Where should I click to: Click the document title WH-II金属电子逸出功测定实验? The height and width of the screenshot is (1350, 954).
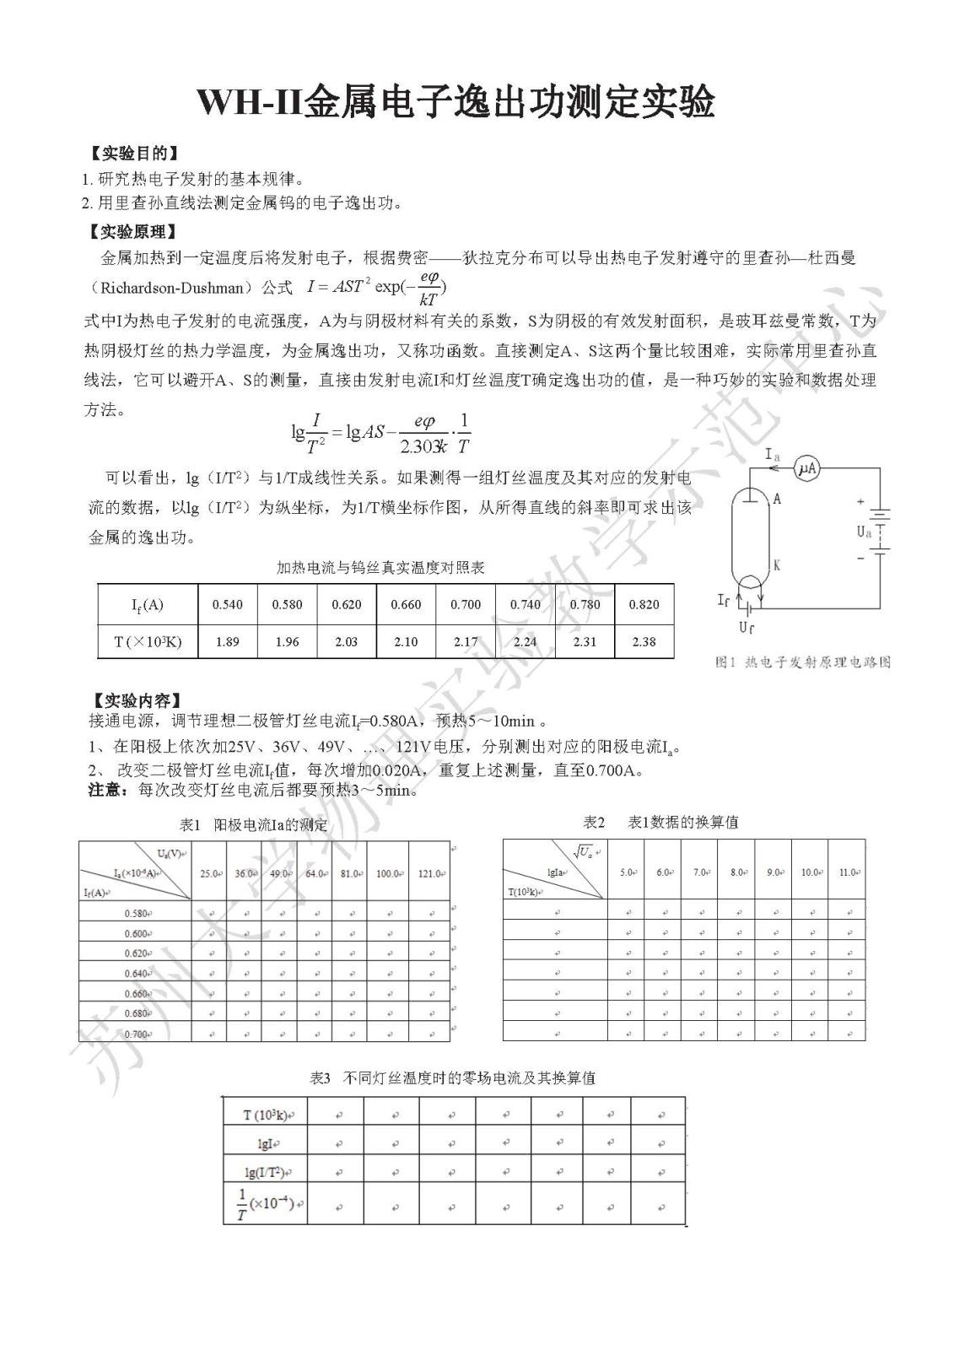pos(455,102)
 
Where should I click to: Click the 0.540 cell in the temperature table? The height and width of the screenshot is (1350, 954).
pos(228,604)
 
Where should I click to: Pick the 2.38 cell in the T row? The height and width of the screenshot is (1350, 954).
pos(644,641)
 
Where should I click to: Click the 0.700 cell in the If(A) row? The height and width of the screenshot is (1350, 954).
pos(465,604)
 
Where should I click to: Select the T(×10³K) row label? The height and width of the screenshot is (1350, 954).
pos(148,641)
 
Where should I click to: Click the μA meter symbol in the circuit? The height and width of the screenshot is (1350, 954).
pos(808,469)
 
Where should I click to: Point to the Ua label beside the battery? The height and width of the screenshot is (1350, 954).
pos(864,532)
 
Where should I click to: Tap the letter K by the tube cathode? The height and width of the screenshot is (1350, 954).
pos(776,565)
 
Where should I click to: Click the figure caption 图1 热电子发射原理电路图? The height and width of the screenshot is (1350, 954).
pos(802,662)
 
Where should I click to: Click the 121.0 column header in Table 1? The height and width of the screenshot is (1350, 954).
pos(430,873)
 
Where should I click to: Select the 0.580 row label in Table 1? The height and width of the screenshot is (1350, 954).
pos(137,913)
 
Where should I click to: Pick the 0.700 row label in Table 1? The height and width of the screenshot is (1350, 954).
pos(137,1034)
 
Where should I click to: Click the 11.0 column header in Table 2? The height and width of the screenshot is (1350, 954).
pos(847,872)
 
